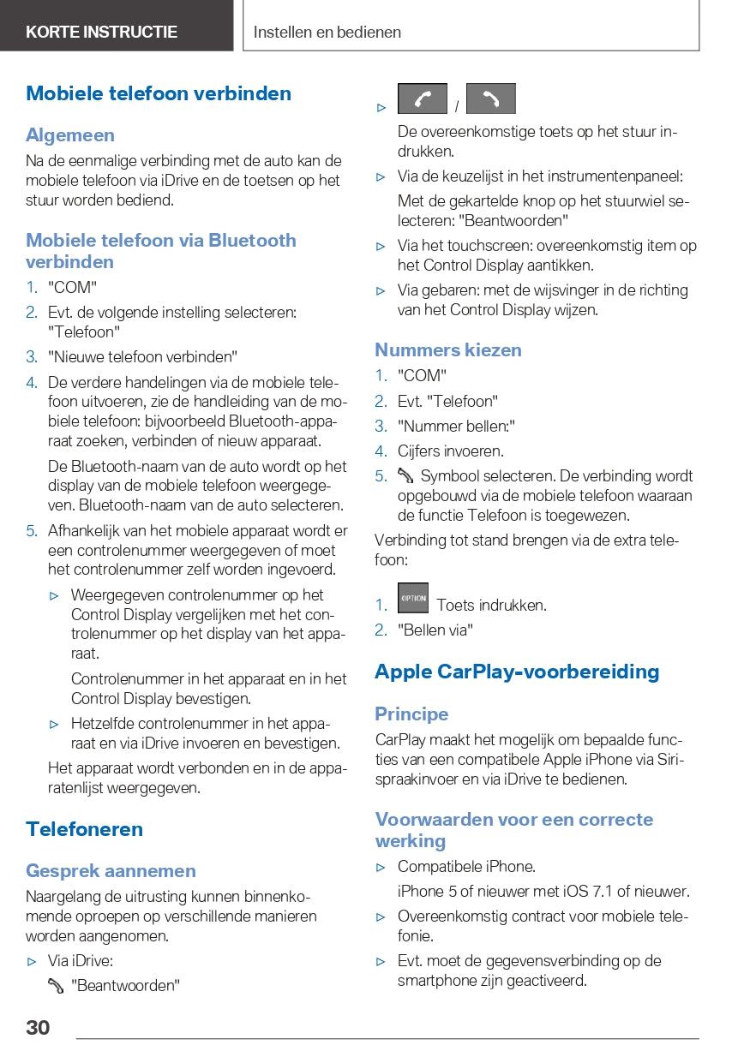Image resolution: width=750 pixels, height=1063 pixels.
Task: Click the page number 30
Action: click(x=38, y=1027)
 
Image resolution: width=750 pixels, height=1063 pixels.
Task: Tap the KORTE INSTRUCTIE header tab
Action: click(x=101, y=33)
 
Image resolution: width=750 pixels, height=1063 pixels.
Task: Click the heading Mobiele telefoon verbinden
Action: click(x=159, y=93)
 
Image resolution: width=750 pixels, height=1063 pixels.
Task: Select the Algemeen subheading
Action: click(x=70, y=135)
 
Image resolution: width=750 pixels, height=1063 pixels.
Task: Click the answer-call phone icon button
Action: click(x=423, y=99)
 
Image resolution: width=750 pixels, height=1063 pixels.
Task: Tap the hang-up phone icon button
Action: click(x=490, y=99)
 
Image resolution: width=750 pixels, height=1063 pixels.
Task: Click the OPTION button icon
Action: click(x=413, y=598)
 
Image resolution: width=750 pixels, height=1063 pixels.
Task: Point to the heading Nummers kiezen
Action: click(x=447, y=349)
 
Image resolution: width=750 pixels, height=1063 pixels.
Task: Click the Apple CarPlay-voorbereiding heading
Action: click(x=517, y=672)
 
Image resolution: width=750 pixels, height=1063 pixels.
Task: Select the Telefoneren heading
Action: click(x=84, y=829)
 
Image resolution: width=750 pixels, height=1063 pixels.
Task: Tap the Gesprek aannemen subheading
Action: click(x=111, y=871)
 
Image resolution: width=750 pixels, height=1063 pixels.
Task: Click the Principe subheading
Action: click(x=411, y=714)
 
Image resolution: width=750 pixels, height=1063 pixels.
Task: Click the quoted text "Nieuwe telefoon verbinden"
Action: click(x=142, y=356)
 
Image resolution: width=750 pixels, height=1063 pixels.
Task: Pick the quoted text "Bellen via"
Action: click(x=435, y=630)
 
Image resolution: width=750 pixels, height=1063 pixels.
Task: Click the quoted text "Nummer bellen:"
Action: click(x=456, y=426)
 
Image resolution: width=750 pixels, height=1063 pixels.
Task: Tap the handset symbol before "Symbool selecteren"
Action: click(x=405, y=476)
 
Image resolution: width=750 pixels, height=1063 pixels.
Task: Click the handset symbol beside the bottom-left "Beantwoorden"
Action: click(x=57, y=986)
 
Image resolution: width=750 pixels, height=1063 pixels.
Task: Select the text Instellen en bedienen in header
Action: click(x=327, y=33)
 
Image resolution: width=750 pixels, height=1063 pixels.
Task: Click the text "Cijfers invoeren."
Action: click(x=450, y=451)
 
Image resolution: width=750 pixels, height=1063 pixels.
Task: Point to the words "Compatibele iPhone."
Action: click(x=466, y=866)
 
